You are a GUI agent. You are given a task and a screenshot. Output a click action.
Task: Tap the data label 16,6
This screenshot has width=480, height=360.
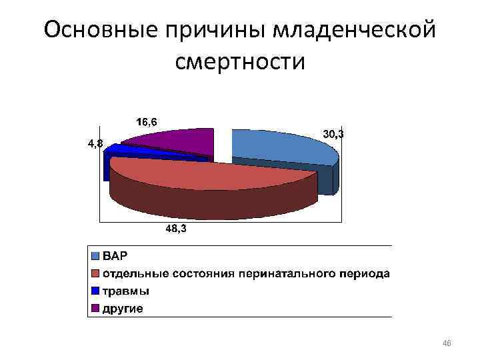pyautogui.click(x=147, y=122)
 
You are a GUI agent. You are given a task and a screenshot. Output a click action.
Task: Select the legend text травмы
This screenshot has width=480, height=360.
pyautogui.click(x=125, y=291)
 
